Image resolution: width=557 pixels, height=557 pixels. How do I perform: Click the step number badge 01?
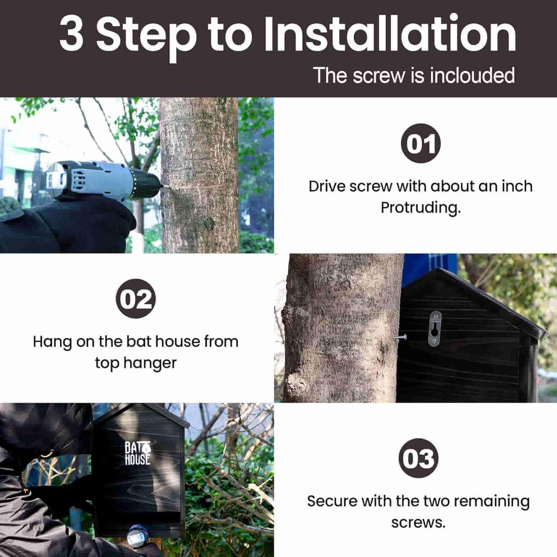point(421,143)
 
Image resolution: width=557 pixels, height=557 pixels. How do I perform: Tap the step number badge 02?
point(136,299)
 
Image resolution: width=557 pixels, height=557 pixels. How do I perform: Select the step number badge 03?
point(418,458)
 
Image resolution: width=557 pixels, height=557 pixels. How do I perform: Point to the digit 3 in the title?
point(71,34)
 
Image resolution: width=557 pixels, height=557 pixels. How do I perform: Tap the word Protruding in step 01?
point(420,208)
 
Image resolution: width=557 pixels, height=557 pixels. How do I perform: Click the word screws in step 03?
point(418,523)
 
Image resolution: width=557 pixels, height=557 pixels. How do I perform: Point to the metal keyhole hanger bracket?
point(435,329)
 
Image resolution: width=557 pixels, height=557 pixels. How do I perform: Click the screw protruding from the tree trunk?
point(400,338)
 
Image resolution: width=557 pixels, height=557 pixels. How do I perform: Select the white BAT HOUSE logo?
point(137,453)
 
